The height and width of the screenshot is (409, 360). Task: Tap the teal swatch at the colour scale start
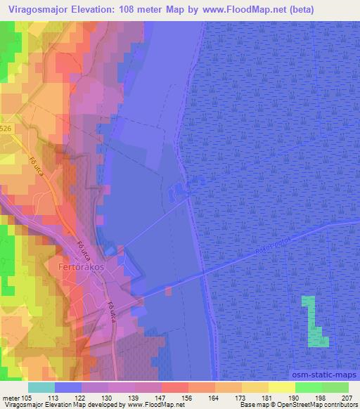(41, 387)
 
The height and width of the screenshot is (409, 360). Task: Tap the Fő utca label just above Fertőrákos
(82, 248)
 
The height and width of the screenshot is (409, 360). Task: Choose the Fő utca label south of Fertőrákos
(110, 311)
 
